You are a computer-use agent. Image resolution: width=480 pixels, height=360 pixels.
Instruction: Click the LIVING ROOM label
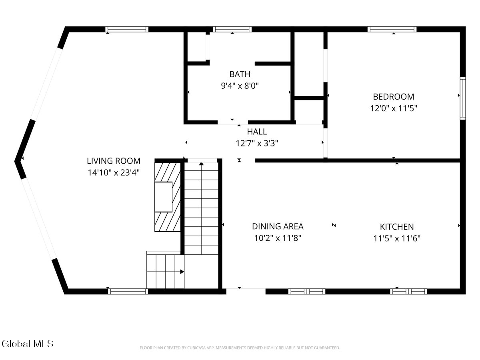[114, 161]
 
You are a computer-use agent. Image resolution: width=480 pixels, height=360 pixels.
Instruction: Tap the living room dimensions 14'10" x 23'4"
[114, 172]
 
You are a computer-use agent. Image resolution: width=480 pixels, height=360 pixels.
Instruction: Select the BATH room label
[240, 74]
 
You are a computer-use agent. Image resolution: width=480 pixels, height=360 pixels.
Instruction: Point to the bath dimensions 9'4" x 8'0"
[240, 86]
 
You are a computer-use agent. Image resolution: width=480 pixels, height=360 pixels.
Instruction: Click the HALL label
[257, 132]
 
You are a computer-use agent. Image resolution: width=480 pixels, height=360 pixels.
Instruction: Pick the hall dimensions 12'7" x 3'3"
[257, 143]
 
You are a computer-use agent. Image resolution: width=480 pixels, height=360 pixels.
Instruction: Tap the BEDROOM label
[394, 97]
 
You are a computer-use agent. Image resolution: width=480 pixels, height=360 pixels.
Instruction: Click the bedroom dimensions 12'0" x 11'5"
[394, 108]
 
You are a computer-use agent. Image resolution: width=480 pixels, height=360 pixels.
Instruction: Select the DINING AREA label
[278, 226]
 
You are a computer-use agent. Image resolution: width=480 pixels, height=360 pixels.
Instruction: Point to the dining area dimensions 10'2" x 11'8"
[278, 238]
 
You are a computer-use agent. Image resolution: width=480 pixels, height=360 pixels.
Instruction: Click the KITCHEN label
[397, 227]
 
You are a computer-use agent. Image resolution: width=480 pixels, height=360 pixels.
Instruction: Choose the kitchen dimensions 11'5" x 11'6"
[397, 238]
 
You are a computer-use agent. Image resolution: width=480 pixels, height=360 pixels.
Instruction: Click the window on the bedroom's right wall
[463, 98]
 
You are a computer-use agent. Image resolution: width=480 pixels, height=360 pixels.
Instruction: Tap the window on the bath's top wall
[232, 29]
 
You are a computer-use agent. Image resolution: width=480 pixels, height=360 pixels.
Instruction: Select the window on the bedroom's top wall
[392, 29]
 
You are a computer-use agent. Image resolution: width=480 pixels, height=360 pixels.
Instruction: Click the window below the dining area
[306, 291]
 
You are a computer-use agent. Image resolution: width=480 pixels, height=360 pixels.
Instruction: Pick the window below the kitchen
[408, 291]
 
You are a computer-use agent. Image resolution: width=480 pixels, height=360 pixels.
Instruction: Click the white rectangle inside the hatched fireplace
[163, 197]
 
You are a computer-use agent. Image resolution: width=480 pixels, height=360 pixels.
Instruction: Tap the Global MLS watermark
[28, 344]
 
